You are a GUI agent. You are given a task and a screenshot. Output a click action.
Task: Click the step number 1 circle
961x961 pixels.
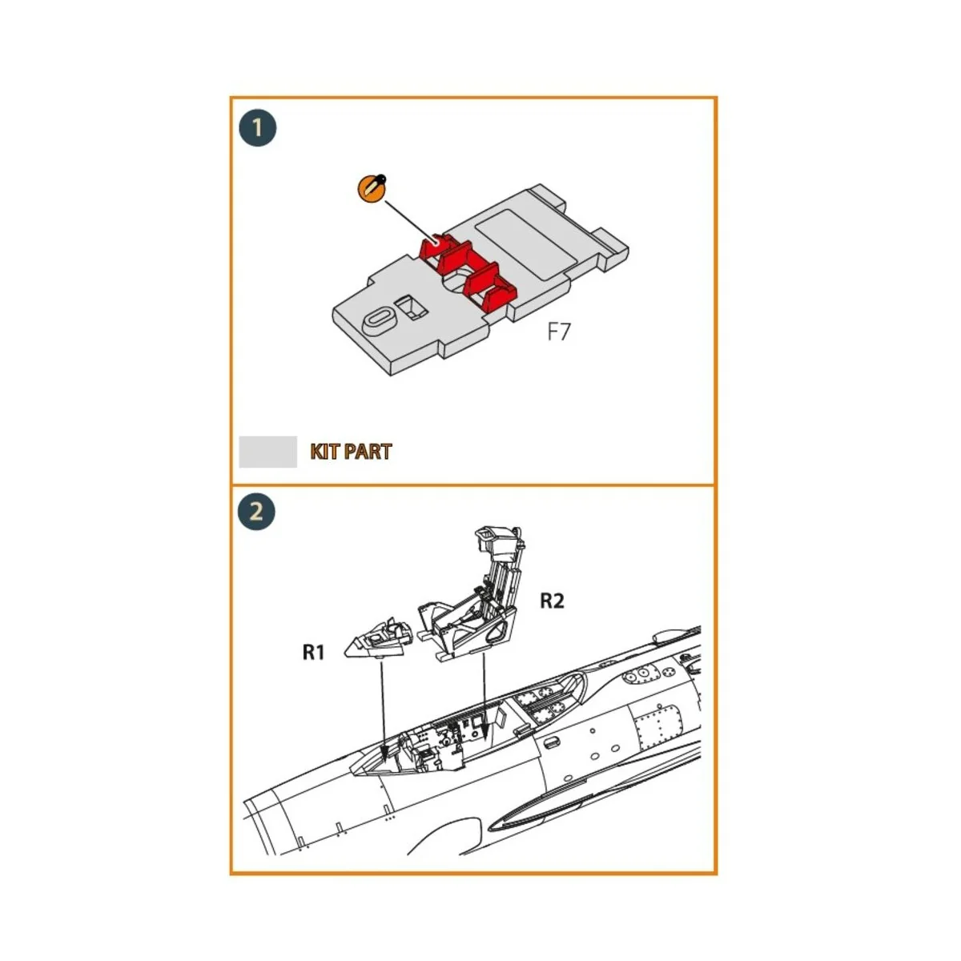click(257, 128)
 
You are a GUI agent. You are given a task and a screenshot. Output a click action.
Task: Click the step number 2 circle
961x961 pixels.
click(256, 512)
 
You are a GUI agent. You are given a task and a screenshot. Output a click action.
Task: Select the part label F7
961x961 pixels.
click(558, 332)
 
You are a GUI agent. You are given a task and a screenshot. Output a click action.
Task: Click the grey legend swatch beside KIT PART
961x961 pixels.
click(267, 452)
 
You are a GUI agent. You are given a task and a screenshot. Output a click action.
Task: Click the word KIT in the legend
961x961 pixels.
click(324, 452)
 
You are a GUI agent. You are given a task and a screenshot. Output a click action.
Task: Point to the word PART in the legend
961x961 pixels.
click(366, 452)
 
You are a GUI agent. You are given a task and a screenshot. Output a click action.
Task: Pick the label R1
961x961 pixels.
click(313, 653)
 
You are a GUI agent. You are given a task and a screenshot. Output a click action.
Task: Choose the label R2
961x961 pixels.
click(552, 600)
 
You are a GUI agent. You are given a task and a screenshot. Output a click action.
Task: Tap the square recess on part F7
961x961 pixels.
click(410, 306)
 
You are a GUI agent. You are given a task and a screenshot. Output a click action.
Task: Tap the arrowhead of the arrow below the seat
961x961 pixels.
click(484, 734)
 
